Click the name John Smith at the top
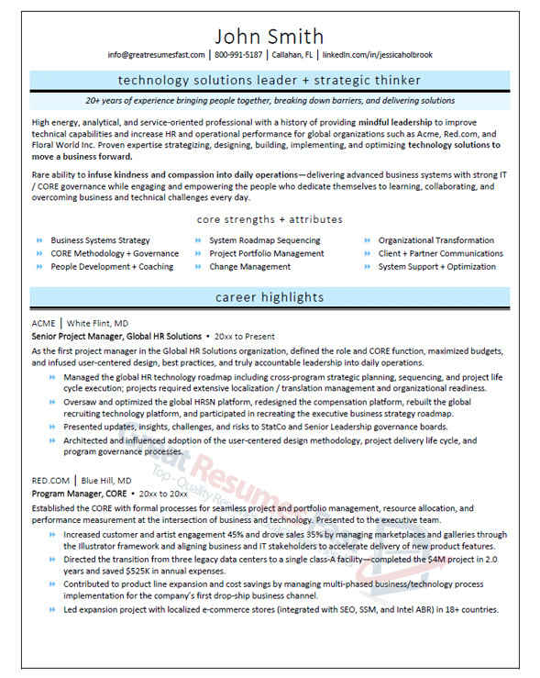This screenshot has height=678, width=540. point(270,37)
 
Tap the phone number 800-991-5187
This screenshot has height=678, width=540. point(238,55)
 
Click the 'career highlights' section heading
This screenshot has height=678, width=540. point(270,297)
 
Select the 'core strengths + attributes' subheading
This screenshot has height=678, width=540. point(270,220)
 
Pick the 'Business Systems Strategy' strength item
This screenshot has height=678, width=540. point(100,240)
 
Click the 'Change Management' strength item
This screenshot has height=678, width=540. point(250,267)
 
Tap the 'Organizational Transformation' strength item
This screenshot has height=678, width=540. point(436,240)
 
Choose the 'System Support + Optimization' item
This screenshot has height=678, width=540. point(437,267)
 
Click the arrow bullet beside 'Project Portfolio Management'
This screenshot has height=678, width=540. point(199,254)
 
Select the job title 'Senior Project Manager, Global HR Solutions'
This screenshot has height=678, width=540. point(116,337)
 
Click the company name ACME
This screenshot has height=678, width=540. point(43,324)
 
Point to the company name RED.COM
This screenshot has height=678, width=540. point(50,480)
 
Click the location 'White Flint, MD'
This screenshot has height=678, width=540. point(97,324)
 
